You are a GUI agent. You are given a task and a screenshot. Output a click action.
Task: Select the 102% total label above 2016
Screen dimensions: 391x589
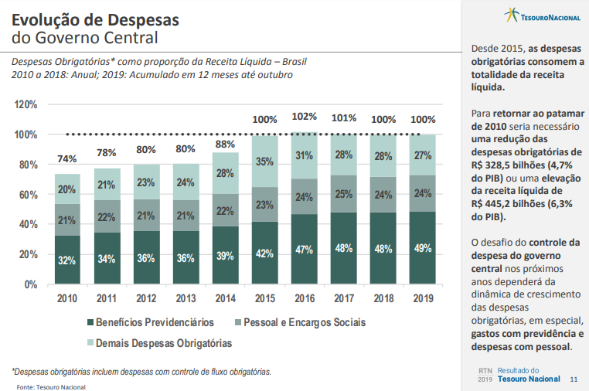pos(304,117)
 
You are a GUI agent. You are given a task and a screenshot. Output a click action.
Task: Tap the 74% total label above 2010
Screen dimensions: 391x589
pos(67,159)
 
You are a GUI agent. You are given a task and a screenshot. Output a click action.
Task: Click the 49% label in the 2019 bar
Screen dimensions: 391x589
pos(422,248)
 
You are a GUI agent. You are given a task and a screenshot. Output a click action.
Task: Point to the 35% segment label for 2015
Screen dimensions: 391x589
pos(264,162)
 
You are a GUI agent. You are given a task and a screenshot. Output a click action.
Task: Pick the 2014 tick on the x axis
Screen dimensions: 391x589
pos(225,297)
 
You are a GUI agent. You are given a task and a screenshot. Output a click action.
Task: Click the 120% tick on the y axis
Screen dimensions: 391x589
pos(26,104)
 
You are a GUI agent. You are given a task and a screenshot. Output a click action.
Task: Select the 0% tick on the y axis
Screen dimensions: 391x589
pos(30,284)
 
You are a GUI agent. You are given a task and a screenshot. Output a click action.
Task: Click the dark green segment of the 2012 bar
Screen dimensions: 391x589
pos(146,257)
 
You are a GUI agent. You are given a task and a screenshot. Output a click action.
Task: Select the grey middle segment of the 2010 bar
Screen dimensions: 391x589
pos(67,220)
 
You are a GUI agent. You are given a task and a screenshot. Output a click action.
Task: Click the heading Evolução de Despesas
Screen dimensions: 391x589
pos(96,19)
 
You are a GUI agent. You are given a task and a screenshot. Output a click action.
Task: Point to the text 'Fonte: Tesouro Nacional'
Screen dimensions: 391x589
pos(51,386)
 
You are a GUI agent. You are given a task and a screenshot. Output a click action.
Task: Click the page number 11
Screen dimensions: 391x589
pos(573,379)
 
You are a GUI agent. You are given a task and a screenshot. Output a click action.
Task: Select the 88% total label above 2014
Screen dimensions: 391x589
pos(225,144)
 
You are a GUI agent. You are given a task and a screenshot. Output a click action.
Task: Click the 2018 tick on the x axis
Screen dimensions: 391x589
pos(383,297)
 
